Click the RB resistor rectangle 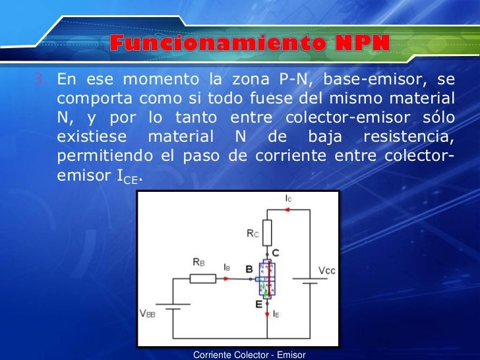pos(202,278)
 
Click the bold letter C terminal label pos(276,253)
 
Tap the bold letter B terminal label pos(249,269)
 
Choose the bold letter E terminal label pos(259,304)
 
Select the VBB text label pos(147,314)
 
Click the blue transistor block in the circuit pos(266,280)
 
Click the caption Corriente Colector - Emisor pos(249,355)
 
